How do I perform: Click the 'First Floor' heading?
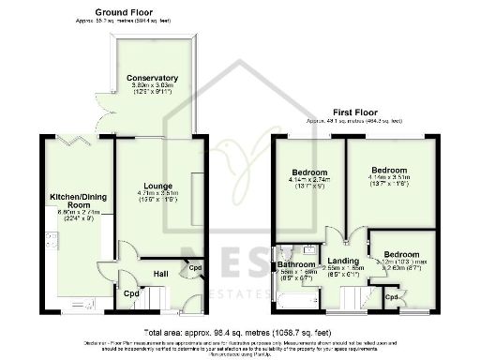click(353, 112)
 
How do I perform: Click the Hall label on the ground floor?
click(159, 274)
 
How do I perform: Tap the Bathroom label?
click(295, 265)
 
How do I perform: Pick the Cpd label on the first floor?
click(394, 297)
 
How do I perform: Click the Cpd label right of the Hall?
click(195, 268)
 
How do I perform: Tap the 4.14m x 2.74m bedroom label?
click(308, 173)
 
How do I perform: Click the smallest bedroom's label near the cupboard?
click(400, 254)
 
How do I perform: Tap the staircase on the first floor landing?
click(354, 298)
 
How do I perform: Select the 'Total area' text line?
click(238, 332)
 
